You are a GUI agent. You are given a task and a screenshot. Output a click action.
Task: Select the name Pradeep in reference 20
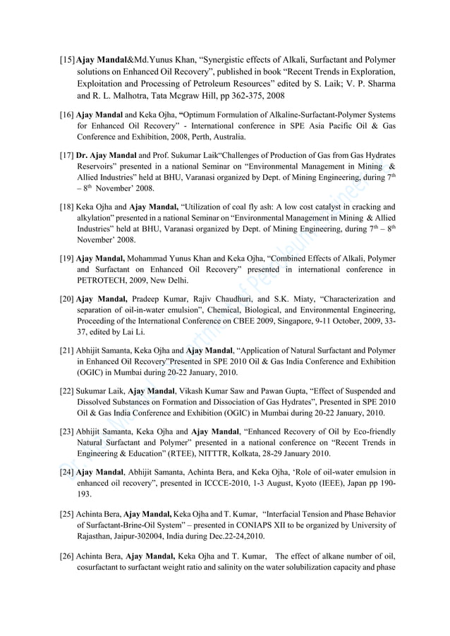150,298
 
